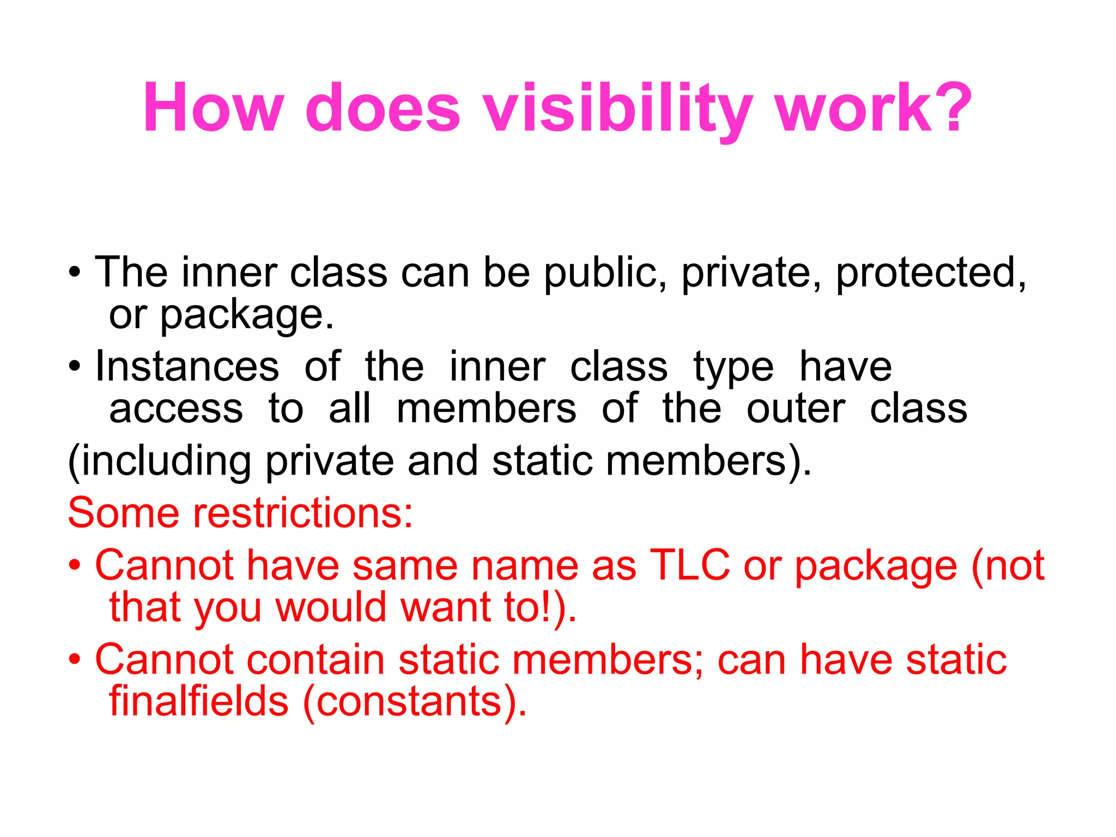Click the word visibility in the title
618,109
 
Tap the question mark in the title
954,107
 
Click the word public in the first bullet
605,272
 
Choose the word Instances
187,367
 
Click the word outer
796,409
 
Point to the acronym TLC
690,566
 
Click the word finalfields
198,701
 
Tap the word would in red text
331,608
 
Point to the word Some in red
123,513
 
